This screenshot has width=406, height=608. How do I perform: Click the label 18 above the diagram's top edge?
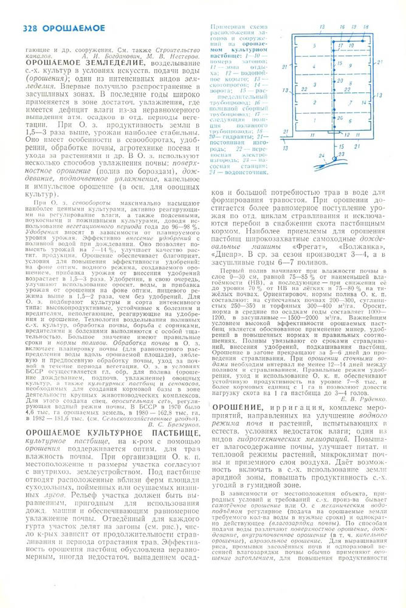click(x=366, y=27)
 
